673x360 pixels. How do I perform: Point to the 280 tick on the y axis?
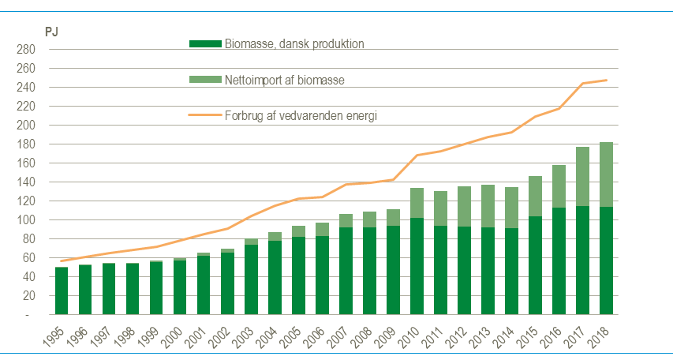click(x=26, y=50)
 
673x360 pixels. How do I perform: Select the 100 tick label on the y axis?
click(x=26, y=220)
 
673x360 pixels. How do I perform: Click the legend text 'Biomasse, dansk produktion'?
click(x=294, y=44)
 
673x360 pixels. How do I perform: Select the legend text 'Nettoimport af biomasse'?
click(x=285, y=81)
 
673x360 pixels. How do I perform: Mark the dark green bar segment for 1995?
click(x=62, y=291)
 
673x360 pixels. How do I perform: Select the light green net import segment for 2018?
click(x=606, y=174)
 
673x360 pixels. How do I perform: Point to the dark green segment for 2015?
click(x=535, y=265)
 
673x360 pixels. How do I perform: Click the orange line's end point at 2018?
click(x=606, y=80)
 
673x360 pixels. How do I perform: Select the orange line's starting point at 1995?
click(x=62, y=261)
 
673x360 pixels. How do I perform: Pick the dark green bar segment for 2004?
click(x=275, y=277)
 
